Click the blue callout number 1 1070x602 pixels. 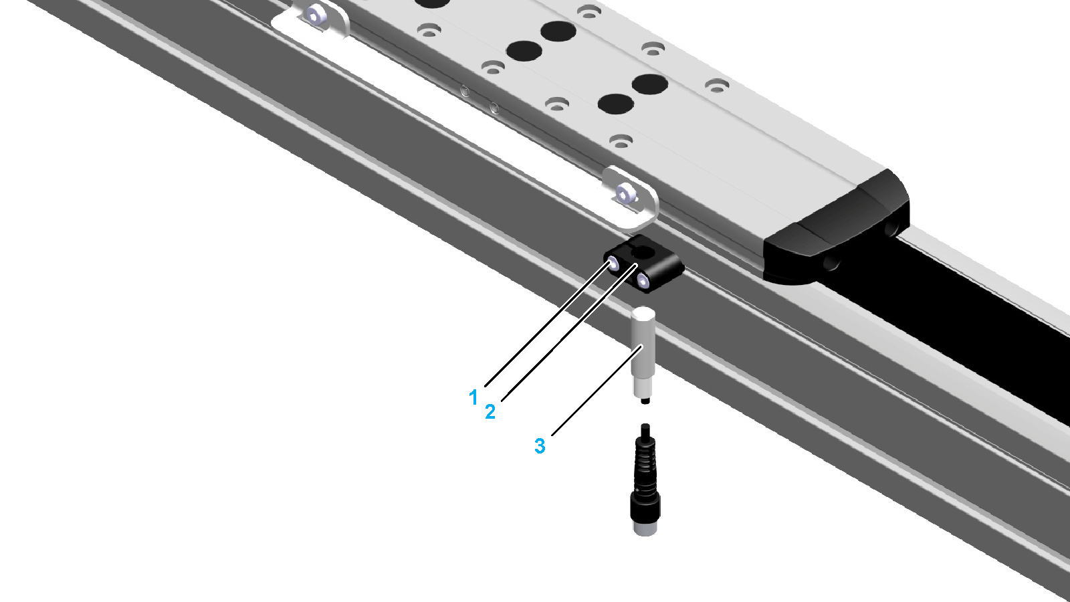(473, 397)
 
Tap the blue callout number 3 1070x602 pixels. (540, 445)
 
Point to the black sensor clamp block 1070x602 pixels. (644, 264)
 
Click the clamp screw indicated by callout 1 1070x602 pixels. (613, 264)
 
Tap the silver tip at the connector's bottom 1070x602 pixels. (645, 528)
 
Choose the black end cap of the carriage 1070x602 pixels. (837, 227)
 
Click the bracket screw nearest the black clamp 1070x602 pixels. (625, 193)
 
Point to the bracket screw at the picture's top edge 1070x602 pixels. (314, 16)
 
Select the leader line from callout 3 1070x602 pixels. (597, 390)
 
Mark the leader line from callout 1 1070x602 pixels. (548, 324)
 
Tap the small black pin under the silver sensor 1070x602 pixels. (645, 401)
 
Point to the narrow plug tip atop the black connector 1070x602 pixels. (645, 431)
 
